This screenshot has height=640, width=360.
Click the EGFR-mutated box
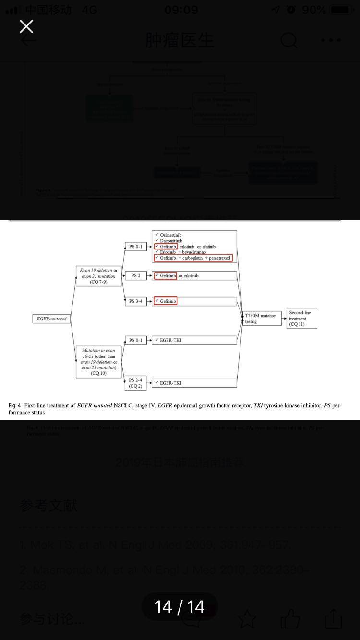51,319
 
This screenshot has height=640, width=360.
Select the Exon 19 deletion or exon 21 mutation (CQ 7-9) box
98,276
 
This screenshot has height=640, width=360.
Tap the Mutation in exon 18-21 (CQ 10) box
98,362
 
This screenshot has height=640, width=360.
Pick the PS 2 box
135,276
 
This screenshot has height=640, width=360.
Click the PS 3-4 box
135,301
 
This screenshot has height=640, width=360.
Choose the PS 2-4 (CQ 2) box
135,383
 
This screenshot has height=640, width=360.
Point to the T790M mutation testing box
262,319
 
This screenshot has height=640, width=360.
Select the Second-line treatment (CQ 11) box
302,319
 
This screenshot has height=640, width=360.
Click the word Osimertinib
171,235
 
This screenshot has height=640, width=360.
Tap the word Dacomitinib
171,241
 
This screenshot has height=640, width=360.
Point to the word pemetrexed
219,258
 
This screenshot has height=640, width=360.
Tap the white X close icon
26,26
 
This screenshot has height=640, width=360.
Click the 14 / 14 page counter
180,607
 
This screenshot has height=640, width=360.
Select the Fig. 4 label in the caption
14,406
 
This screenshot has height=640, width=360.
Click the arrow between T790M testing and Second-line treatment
285,319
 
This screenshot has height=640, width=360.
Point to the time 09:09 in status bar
181,10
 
